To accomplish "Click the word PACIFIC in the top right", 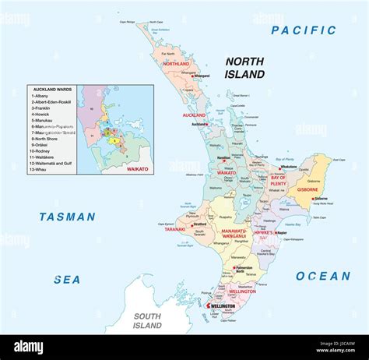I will tap(304, 31).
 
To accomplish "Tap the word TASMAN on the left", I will tap(68, 217).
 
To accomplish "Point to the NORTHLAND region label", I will tap(176, 63).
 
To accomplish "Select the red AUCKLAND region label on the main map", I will tap(193, 115).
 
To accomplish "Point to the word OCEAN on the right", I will tap(323, 276).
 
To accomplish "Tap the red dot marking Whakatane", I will tap(279, 168).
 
